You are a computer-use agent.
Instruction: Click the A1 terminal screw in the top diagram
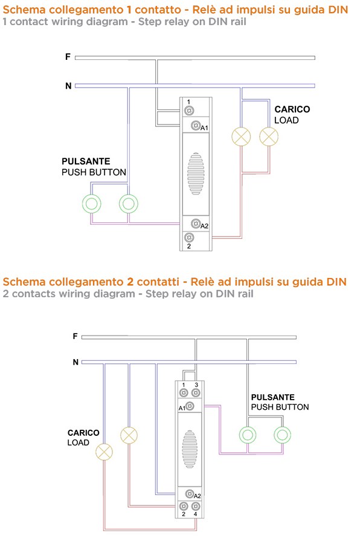pyautogui.click(x=196, y=125)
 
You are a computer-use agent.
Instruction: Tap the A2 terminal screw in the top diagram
pyautogui.click(x=196, y=223)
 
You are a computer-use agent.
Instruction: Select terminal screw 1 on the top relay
pyautogui.click(x=189, y=111)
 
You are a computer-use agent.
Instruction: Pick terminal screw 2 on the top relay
pyautogui.click(x=189, y=238)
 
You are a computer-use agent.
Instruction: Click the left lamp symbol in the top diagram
pyautogui.click(x=241, y=137)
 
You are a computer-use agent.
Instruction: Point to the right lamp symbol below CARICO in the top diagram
pyautogui.click(x=269, y=137)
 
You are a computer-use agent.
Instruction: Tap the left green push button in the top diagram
pyautogui.click(x=92, y=204)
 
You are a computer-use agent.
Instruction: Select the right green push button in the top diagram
pyautogui.click(x=129, y=204)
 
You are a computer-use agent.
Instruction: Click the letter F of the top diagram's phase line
pyautogui.click(x=68, y=57)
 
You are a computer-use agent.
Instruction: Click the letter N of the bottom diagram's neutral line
pyautogui.click(x=76, y=362)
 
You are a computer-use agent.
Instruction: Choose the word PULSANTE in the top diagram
pyautogui.click(x=86, y=161)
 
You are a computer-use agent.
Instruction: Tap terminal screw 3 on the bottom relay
pyautogui.click(x=196, y=393)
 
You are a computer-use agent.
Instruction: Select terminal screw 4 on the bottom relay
pyautogui.click(x=196, y=506)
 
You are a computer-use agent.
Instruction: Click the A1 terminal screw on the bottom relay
pyautogui.click(x=190, y=406)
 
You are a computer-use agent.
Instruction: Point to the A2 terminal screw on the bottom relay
pyautogui.click(x=190, y=493)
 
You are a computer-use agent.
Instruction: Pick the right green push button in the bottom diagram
pyautogui.click(x=282, y=435)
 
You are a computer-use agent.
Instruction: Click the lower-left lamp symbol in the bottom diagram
pyautogui.click(x=104, y=452)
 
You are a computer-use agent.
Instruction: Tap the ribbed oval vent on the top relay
pyautogui.click(x=196, y=173)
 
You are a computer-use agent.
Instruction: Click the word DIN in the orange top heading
pyautogui.click(x=338, y=9)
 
